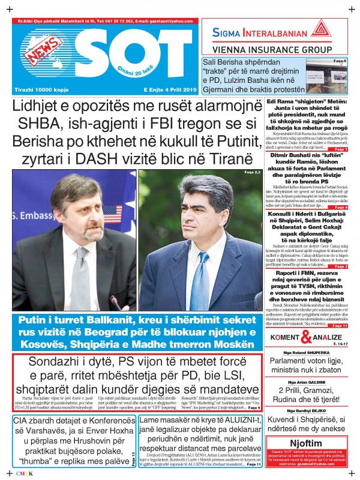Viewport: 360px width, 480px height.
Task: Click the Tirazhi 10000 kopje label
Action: point(40,89)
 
